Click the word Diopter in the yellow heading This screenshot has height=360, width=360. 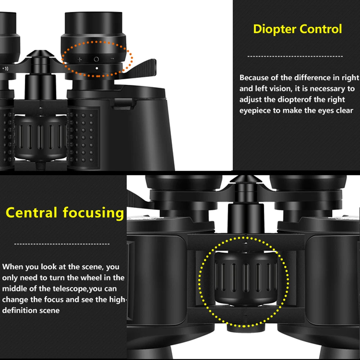[275, 29]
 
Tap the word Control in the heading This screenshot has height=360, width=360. [320, 29]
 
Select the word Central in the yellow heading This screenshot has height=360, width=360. [32, 212]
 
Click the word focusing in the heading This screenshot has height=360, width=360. [93, 212]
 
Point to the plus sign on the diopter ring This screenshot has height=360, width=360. [80, 59]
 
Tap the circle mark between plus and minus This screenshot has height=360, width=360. [96, 59]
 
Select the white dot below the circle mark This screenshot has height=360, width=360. [96, 68]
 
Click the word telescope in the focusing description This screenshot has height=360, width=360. [69, 289]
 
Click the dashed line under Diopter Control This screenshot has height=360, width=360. [295, 56]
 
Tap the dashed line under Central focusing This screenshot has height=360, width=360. [62, 244]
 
